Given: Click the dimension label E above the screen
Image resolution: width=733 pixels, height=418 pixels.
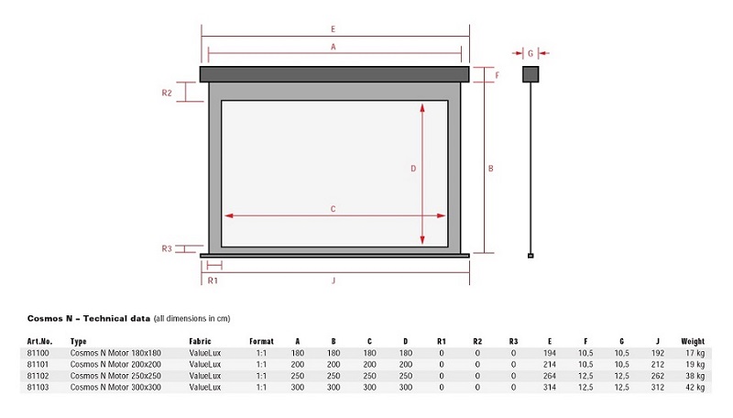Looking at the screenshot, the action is pyautogui.click(x=333, y=29).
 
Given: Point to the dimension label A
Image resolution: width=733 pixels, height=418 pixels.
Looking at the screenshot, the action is pyautogui.click(x=334, y=47).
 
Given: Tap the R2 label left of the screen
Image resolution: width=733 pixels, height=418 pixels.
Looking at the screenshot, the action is pyautogui.click(x=167, y=93).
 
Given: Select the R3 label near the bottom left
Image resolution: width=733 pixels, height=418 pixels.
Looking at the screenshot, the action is pyautogui.click(x=167, y=248).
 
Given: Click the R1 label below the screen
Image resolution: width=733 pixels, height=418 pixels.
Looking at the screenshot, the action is pyautogui.click(x=213, y=280).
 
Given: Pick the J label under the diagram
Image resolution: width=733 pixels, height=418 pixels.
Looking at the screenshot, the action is pyautogui.click(x=334, y=280).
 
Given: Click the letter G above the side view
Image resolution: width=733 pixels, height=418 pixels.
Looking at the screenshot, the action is pyautogui.click(x=531, y=54).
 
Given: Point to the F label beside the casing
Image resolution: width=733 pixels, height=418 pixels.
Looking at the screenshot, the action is pyautogui.click(x=497, y=75).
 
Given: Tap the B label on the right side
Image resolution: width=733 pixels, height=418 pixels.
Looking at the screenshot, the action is pyautogui.click(x=491, y=169).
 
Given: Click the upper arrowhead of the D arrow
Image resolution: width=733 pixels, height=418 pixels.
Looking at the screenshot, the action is pyautogui.click(x=422, y=108).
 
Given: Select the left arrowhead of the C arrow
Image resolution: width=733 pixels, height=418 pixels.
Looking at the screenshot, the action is pyautogui.click(x=229, y=215).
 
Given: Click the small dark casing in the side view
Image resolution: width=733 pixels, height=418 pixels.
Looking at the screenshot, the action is pyautogui.click(x=531, y=74).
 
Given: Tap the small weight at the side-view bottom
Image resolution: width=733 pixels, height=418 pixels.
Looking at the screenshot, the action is pyautogui.click(x=531, y=256).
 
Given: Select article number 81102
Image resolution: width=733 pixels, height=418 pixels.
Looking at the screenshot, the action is pyautogui.click(x=38, y=376).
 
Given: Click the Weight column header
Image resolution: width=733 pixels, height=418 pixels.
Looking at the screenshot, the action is pyautogui.click(x=693, y=341).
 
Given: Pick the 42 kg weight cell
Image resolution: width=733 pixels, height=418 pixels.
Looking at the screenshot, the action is pyautogui.click(x=695, y=387).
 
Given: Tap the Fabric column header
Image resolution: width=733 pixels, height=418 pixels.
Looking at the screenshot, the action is pyautogui.click(x=200, y=341).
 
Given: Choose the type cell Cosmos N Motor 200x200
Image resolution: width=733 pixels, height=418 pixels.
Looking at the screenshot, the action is pyautogui.click(x=115, y=364).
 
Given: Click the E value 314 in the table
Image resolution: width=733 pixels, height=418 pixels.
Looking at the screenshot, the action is pyautogui.click(x=550, y=387).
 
